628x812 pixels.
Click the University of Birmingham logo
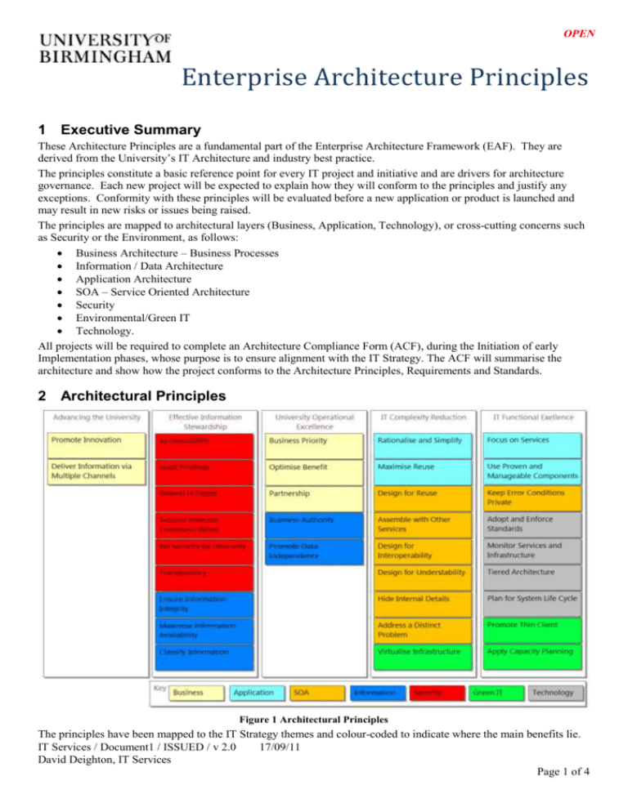(106, 47)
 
